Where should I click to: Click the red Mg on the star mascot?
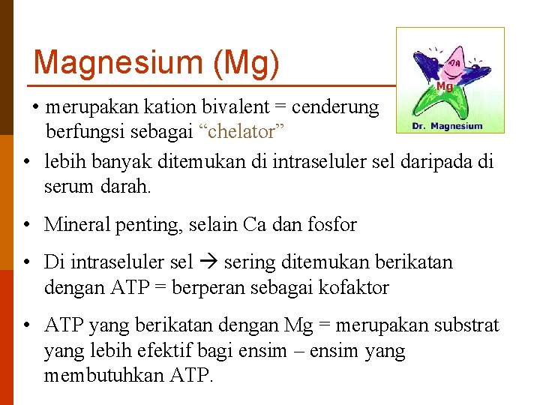tap(445, 86)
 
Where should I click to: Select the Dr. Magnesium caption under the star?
tap(448, 126)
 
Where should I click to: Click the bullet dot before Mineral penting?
tap(25, 224)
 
